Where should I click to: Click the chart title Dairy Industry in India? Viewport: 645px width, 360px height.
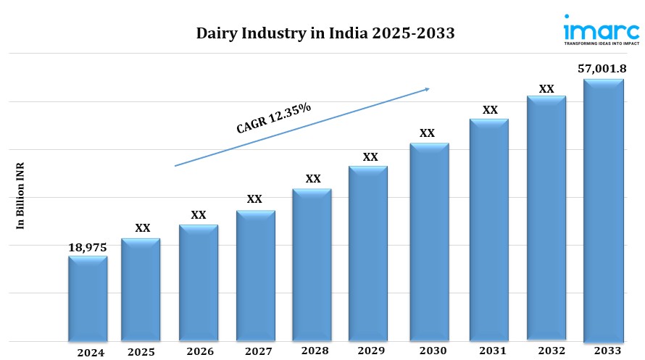coord(325,33)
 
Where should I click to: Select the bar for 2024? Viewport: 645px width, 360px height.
coord(88,298)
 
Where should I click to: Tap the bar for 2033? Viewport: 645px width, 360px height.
coord(604,210)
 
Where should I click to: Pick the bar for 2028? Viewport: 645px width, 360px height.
coord(312,264)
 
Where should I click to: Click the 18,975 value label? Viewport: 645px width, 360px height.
coord(88,247)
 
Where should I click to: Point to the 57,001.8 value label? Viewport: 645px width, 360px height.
coord(602,69)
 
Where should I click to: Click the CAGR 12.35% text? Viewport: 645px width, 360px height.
coord(274,118)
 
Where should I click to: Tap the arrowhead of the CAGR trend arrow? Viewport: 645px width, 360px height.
coord(427,89)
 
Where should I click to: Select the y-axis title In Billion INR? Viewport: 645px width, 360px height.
coord(20,196)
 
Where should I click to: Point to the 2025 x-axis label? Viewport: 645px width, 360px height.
coord(141,352)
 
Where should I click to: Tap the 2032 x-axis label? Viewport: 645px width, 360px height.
coord(547,351)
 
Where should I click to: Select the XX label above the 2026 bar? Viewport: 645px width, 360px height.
coord(198,215)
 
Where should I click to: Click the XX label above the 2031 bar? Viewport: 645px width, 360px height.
coord(490,109)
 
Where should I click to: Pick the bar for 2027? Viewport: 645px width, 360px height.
coord(255,275)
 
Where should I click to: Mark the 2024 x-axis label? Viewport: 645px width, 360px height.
coord(91,353)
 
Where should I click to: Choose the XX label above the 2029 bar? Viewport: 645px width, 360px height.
coord(370,156)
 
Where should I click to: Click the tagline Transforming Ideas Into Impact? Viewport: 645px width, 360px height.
coord(601,43)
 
